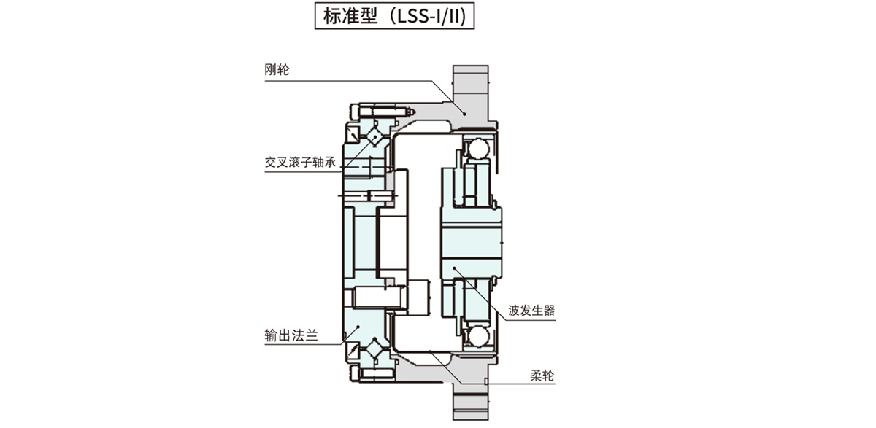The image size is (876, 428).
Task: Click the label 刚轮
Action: click(277, 71)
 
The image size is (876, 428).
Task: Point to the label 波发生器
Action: click(532, 310)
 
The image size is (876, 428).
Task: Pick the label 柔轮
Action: click(542, 377)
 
